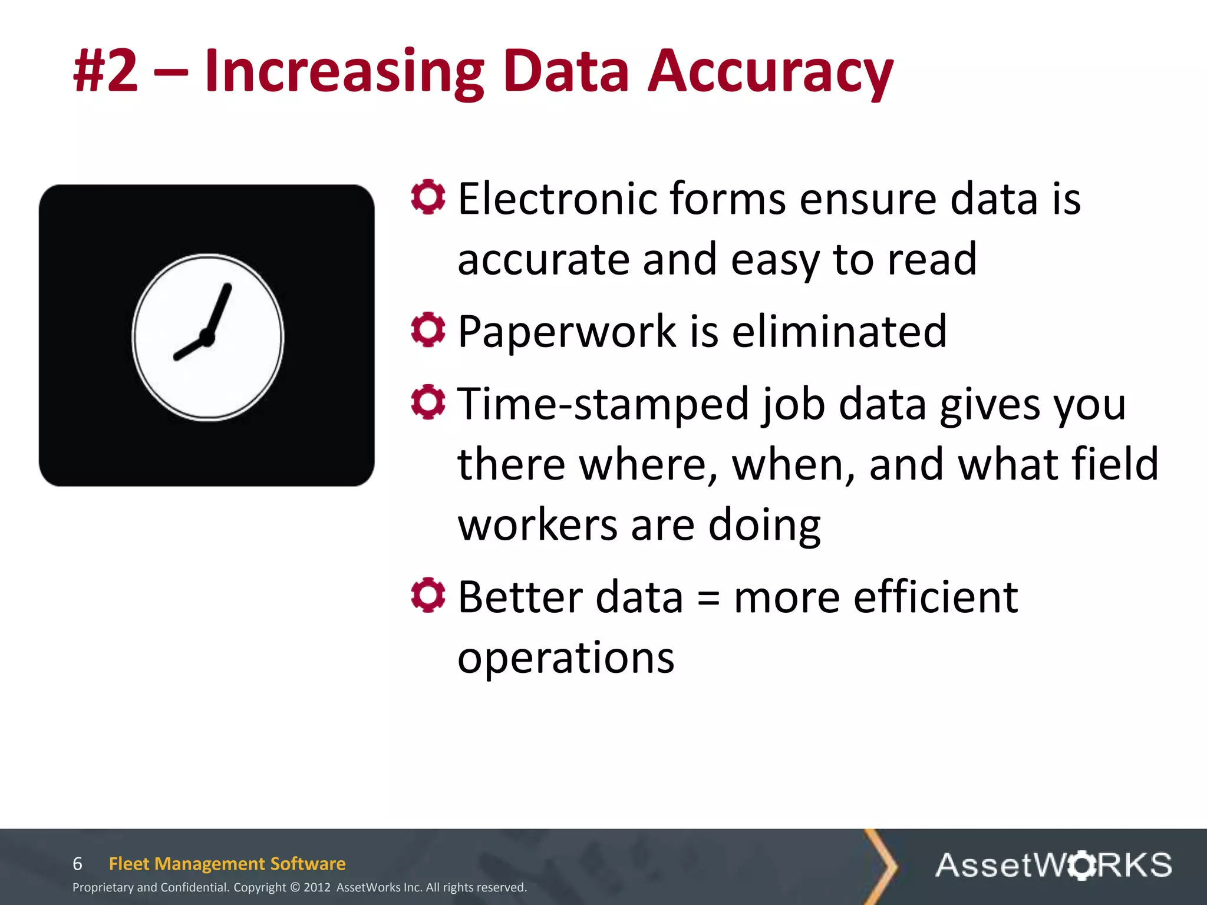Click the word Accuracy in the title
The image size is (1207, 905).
coord(770,72)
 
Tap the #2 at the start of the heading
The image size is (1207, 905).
coord(105,72)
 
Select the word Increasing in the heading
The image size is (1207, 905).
coord(344,72)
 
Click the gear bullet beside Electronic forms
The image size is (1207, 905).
coord(428,197)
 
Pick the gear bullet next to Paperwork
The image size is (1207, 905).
coord(428,330)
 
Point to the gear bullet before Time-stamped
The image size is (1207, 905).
coord(428,402)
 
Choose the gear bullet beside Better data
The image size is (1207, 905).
coord(428,595)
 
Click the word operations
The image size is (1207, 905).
coord(566,658)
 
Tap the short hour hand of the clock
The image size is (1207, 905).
coord(189,349)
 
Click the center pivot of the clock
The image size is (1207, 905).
coord(207,338)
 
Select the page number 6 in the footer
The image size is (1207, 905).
coord(77,864)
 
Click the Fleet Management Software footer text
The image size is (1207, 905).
coord(227,864)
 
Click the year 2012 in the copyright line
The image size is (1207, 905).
coord(317,887)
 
